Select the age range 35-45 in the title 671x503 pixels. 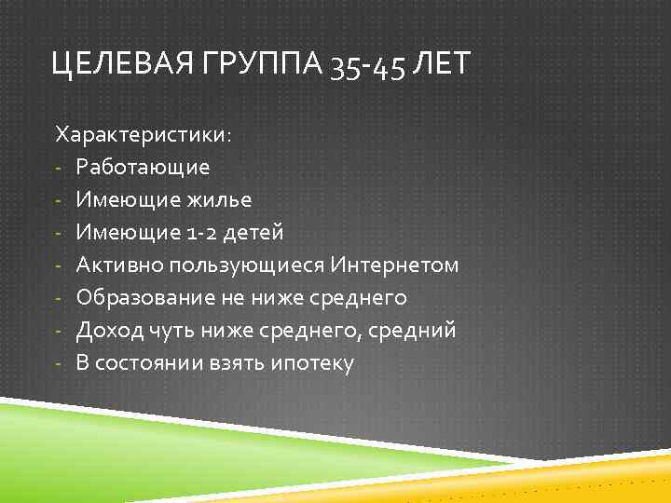click(368, 68)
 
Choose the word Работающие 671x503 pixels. click(143, 168)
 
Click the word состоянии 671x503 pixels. click(150, 363)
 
